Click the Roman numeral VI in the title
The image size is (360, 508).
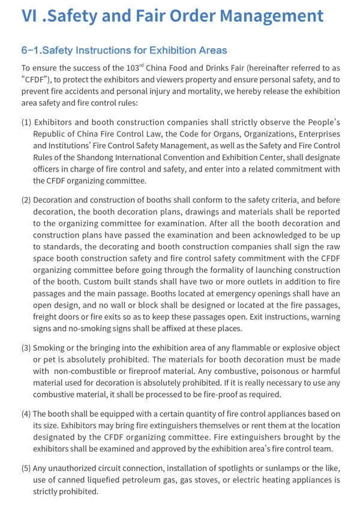pyautogui.click(x=30, y=16)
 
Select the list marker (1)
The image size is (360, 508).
pyautogui.click(x=26, y=123)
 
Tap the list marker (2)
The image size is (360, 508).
pyautogui.click(x=26, y=200)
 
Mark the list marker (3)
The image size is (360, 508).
pyautogui.click(x=26, y=348)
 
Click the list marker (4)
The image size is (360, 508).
pyautogui.click(x=26, y=413)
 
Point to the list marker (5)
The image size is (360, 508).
pyautogui.click(x=26, y=468)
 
